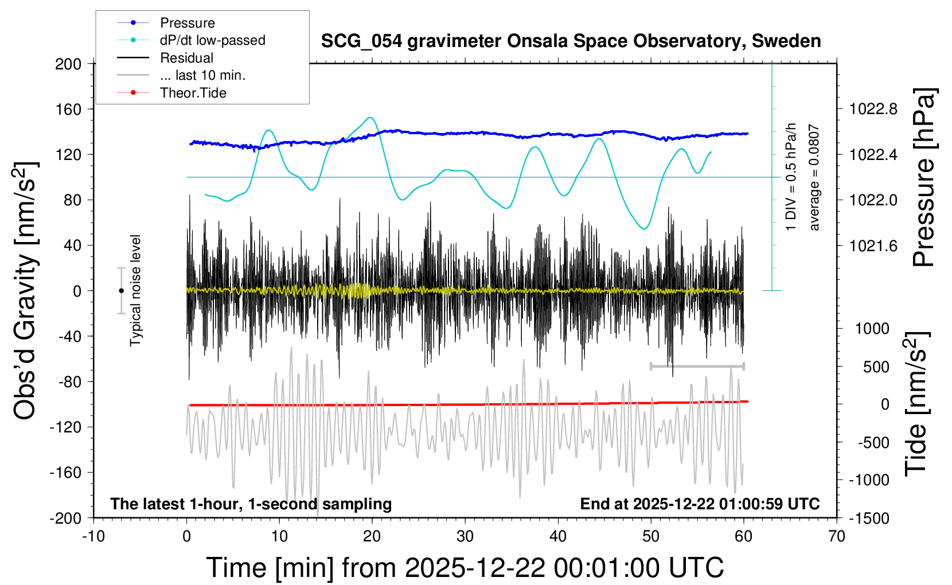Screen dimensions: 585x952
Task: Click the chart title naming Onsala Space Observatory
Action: (x=571, y=41)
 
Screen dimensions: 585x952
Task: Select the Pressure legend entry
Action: (x=187, y=23)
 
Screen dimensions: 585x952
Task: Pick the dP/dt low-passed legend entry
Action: (x=212, y=40)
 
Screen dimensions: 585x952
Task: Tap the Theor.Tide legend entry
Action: (x=193, y=93)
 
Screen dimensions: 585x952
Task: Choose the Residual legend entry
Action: (x=186, y=58)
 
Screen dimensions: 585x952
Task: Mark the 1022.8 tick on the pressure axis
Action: (x=873, y=109)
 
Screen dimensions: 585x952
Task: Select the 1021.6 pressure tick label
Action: (x=873, y=246)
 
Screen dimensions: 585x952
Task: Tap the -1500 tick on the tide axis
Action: (x=869, y=518)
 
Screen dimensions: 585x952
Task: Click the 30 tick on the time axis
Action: (x=465, y=537)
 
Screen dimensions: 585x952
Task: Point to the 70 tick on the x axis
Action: (x=837, y=537)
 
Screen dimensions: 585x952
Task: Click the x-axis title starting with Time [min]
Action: (x=465, y=568)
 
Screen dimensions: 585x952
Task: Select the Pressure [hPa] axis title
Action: (x=924, y=178)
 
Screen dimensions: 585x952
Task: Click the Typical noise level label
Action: (x=135, y=290)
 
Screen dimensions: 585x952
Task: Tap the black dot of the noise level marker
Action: (x=121, y=291)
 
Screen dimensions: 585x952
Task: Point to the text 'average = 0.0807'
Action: (x=814, y=178)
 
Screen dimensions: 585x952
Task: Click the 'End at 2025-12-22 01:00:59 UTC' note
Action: (x=700, y=504)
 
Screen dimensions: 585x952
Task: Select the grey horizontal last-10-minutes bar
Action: (x=697, y=366)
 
